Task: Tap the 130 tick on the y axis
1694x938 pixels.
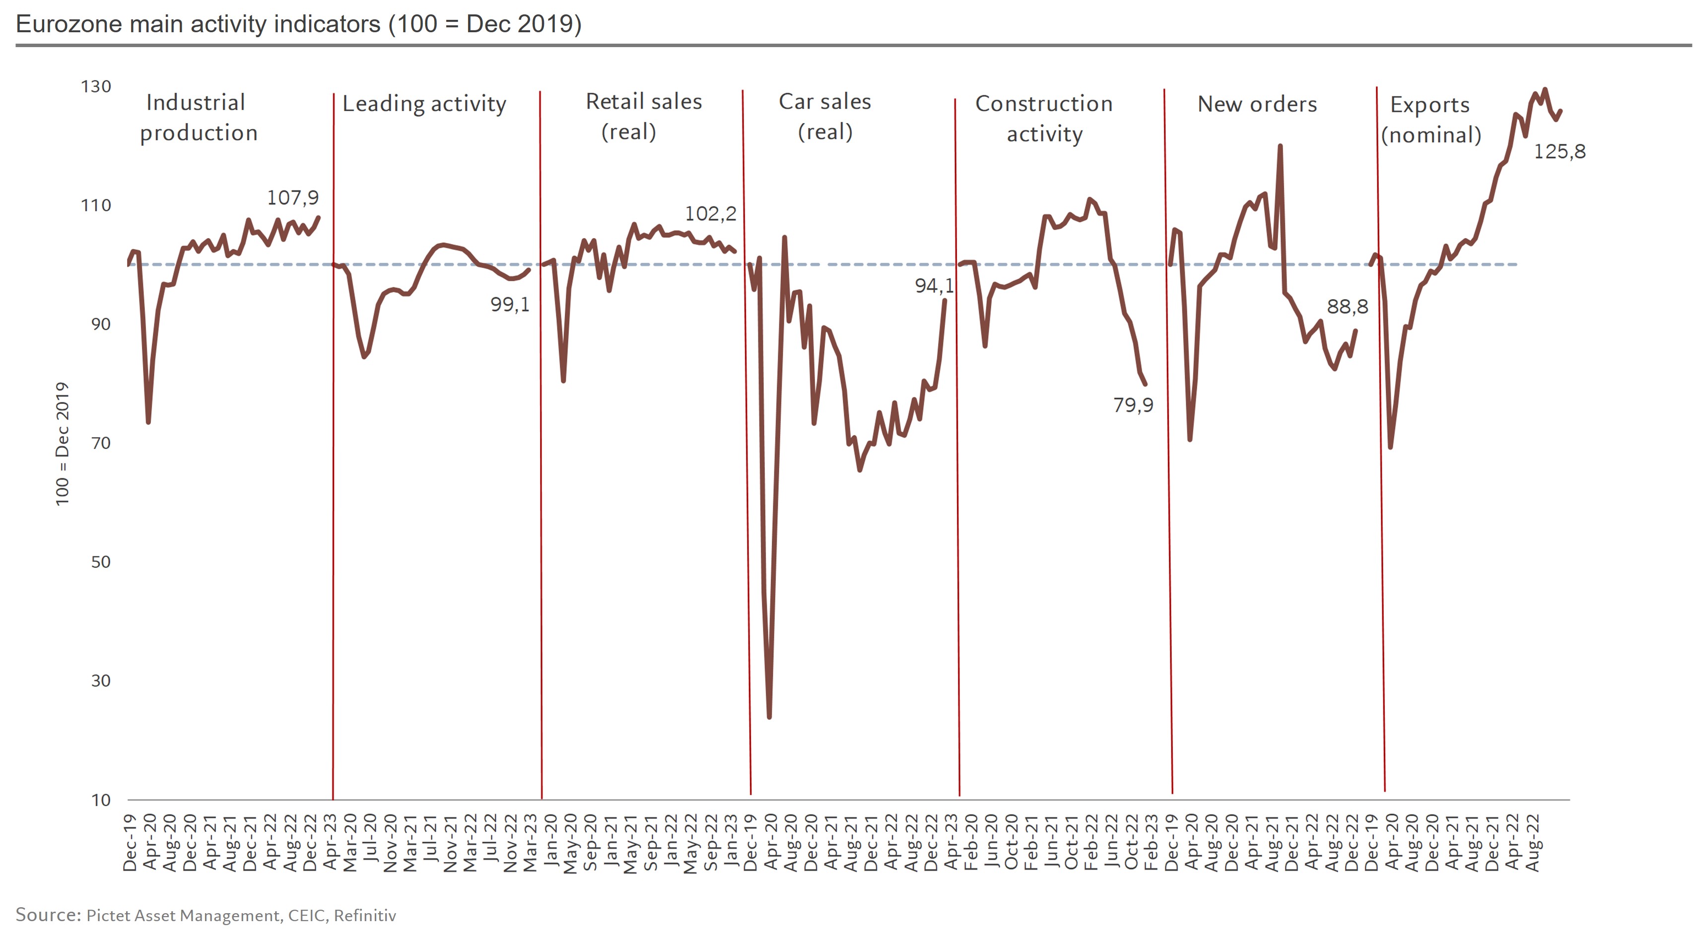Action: click(x=96, y=87)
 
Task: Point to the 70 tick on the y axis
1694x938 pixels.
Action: click(x=101, y=443)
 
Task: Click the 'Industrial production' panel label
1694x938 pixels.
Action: click(x=199, y=118)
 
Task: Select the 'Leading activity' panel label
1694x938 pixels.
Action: click(x=424, y=104)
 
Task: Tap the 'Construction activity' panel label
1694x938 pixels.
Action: click(x=1044, y=119)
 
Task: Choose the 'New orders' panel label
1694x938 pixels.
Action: click(x=1257, y=104)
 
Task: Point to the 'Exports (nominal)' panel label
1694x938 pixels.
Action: click(x=1431, y=120)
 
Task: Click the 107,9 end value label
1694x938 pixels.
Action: click(x=293, y=197)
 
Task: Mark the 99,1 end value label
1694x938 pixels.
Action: click(x=510, y=305)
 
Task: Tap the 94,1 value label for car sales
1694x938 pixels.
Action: click(x=934, y=285)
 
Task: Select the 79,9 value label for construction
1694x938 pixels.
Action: click(x=1133, y=405)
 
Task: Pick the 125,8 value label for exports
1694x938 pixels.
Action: click(x=1560, y=152)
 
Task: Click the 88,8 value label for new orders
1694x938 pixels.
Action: click(x=1348, y=307)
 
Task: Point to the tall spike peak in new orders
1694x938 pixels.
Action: click(x=1280, y=146)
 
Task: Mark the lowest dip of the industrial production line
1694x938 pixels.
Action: click(x=148, y=422)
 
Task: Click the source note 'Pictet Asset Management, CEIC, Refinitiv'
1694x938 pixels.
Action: click(x=241, y=916)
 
